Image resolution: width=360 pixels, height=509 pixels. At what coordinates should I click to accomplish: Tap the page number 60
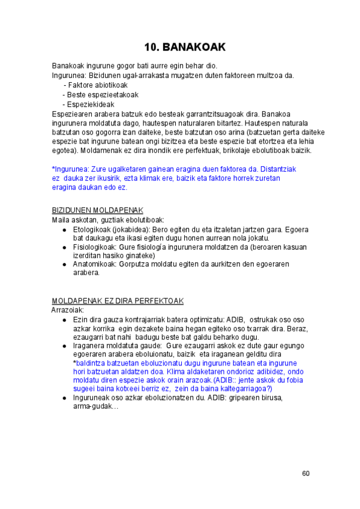click(x=305, y=474)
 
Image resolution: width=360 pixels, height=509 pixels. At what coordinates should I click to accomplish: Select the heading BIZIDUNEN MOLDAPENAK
click(x=97, y=210)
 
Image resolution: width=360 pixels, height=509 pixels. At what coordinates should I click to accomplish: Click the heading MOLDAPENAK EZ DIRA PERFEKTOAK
click(x=118, y=300)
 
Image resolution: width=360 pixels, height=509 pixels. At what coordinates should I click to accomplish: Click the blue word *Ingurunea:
click(x=70, y=169)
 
